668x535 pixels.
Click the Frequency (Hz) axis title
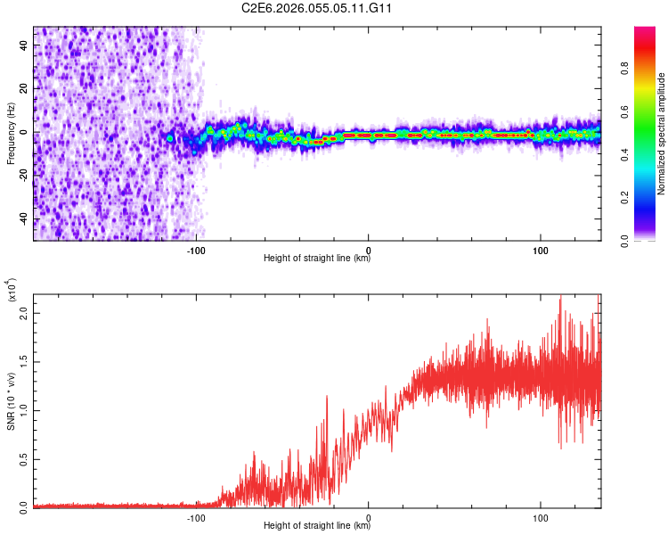tap(11, 133)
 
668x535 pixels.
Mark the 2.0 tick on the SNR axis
tap(24, 314)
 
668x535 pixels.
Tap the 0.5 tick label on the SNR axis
tap(24, 458)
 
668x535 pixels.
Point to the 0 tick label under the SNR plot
tap(369, 516)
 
